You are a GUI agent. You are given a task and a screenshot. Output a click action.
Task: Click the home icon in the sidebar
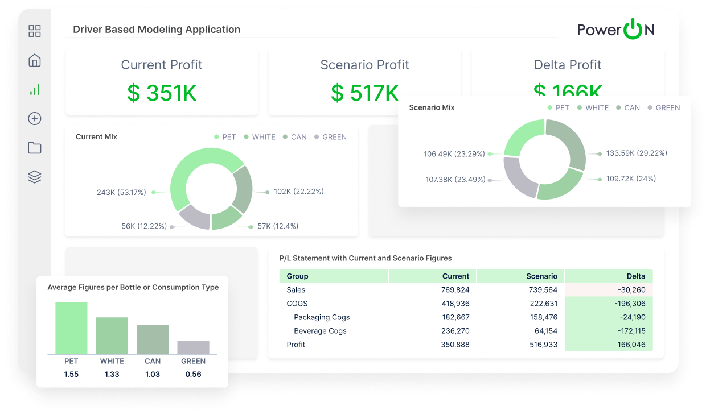35,60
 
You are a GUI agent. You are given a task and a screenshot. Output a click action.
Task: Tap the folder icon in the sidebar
35,148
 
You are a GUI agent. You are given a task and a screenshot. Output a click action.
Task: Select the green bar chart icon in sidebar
35,89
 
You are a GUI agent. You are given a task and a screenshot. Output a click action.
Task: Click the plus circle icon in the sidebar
35,118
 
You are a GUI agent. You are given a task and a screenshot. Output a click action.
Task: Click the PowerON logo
615,30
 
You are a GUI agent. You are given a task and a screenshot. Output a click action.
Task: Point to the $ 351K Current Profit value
162,93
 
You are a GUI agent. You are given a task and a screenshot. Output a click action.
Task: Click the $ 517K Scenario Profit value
364,93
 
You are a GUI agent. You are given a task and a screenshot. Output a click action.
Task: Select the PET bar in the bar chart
71,328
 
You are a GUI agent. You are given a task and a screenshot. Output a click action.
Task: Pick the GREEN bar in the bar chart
193,347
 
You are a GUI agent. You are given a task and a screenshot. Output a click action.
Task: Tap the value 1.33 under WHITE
112,374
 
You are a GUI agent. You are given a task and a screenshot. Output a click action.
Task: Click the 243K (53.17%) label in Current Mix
121,192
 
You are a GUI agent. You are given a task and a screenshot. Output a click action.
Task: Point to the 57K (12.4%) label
278,226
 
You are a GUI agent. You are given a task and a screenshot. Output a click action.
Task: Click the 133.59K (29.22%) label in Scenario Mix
637,153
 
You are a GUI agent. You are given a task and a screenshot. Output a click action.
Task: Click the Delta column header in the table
636,276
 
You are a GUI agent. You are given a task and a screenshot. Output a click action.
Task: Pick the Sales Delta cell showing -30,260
631,290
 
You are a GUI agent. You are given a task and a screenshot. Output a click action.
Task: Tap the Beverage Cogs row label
320,331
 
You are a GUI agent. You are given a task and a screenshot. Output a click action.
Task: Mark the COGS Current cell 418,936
455,304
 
